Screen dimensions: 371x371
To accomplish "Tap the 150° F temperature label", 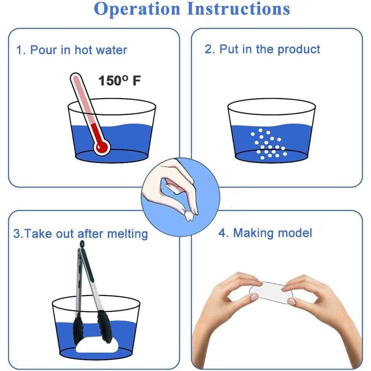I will coord(119,81).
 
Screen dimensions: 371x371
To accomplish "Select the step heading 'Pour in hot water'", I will coord(71,50).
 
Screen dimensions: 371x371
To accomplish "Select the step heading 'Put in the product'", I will coord(262,49).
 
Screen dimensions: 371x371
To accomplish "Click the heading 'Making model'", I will coord(265,232).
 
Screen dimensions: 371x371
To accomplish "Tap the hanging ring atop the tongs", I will coord(83,245).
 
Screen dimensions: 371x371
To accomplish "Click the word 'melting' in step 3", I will coord(127,234).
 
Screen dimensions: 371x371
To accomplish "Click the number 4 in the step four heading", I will coord(222,232).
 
